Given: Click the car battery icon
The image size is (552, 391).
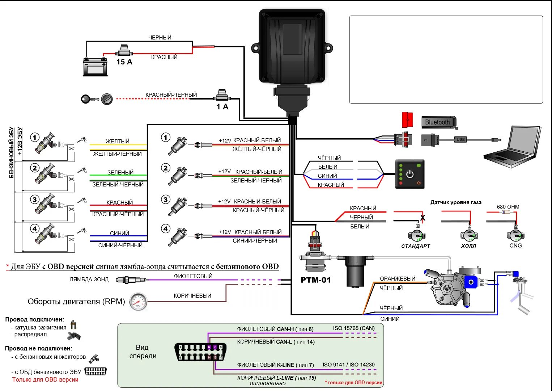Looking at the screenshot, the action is tap(95, 67).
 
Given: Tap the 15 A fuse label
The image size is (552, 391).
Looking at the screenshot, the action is tap(124, 62).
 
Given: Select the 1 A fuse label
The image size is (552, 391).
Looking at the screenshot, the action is tap(222, 107).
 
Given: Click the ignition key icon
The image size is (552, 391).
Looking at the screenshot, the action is tap(90, 99).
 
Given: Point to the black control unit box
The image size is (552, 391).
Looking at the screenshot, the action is tap(292, 47).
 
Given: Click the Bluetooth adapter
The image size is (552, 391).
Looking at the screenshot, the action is tap(439, 122).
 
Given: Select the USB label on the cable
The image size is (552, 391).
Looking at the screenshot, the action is tap(460, 139).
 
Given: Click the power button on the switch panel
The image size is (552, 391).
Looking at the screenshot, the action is tap(410, 174).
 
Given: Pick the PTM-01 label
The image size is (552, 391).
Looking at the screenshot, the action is tap(316, 280).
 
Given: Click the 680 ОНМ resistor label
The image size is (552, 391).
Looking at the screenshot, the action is tap(508, 207).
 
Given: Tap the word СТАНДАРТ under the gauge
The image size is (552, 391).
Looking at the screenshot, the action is tap(416, 246).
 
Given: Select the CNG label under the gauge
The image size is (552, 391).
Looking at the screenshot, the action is tap(515, 246).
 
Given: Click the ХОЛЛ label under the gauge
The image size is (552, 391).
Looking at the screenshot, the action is tap(469, 246).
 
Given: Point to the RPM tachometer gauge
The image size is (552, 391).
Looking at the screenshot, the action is tap(138, 302).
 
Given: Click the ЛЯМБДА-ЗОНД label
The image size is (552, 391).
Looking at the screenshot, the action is tap(89, 279).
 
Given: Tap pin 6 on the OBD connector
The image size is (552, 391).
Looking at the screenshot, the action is tap(209, 347).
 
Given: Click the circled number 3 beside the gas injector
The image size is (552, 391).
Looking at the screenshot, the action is tap(166, 199).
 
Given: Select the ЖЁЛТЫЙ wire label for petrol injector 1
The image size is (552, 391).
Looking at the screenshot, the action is tap(117, 141).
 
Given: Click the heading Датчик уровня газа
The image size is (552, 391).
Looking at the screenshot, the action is tap(456, 202).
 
